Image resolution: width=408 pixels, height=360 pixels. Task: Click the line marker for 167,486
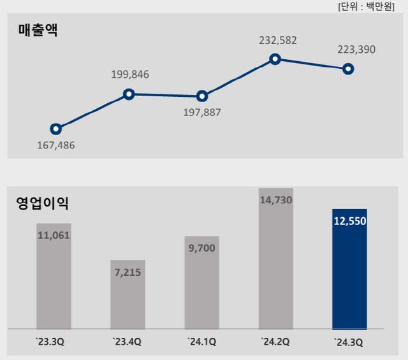[x=55, y=129]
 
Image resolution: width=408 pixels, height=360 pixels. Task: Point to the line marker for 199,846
[x=129, y=94]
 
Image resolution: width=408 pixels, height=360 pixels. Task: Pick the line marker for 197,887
[x=202, y=96]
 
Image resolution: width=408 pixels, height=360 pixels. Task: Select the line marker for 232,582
[x=275, y=59]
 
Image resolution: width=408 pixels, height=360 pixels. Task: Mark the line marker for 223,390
[x=348, y=69]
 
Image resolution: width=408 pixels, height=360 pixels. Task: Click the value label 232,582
[x=278, y=41]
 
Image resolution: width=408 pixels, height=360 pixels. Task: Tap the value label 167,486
[x=55, y=145]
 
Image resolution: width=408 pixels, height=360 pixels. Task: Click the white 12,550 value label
[x=349, y=222]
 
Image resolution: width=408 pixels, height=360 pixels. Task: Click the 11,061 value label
[x=54, y=235]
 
